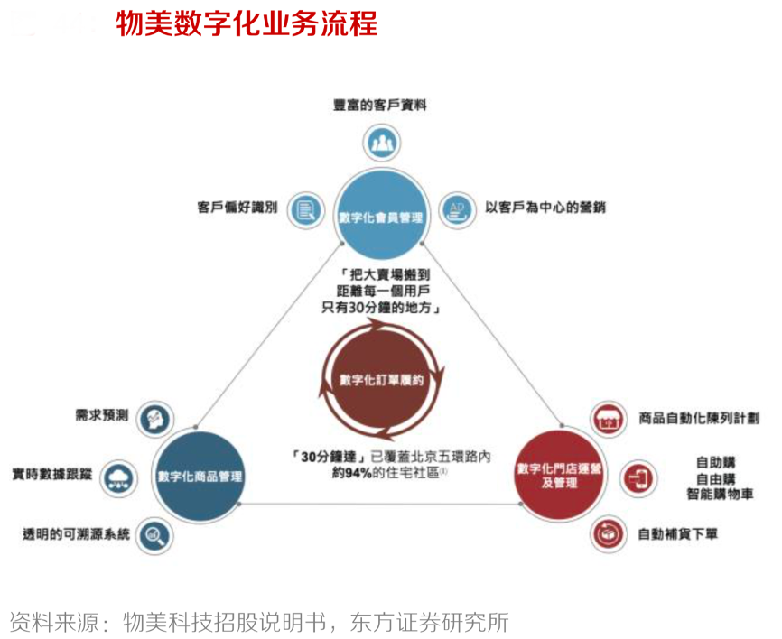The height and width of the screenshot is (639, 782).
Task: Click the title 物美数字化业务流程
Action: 247,23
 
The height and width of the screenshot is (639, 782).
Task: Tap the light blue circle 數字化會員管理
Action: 380,217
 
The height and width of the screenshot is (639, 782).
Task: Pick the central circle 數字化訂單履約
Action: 380,380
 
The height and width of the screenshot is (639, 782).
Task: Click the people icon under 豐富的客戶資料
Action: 381,142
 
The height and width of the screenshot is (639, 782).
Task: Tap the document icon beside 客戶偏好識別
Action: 305,210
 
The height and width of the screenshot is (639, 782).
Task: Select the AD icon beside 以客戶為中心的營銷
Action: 457,210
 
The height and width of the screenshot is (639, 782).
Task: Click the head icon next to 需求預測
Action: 154,417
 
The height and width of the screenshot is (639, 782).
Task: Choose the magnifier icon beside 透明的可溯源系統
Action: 154,535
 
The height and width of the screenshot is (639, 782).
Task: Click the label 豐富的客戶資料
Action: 379,105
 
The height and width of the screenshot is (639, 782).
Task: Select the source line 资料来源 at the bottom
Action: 259,622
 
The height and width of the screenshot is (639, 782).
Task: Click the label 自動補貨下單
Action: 679,534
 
